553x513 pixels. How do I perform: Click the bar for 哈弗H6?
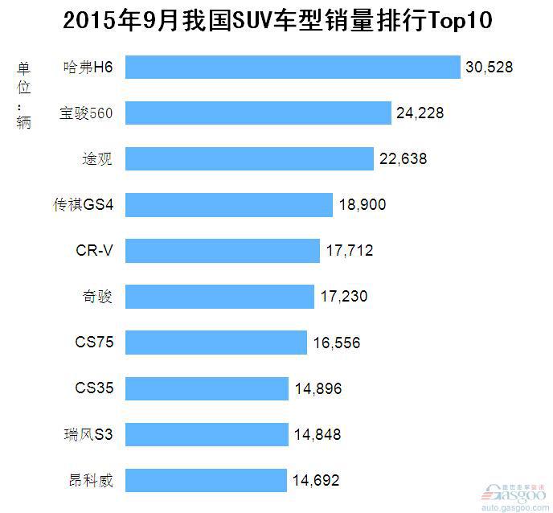(292, 68)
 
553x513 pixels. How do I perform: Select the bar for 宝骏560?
(258, 113)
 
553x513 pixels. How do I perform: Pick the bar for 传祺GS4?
(229, 205)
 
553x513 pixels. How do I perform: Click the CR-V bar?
(223, 251)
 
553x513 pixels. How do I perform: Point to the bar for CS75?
(216, 343)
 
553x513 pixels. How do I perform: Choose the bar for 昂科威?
(206, 481)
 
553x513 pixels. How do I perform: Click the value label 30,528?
(489, 68)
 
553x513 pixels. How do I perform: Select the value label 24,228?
(420, 113)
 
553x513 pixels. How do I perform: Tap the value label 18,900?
(362, 205)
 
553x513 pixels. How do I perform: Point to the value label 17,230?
(343, 297)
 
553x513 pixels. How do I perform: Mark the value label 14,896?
(317, 389)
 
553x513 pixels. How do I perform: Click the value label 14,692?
(315, 481)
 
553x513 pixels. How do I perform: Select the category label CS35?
(94, 389)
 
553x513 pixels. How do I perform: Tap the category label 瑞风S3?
(89, 435)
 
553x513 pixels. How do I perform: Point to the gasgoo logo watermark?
(514, 494)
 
